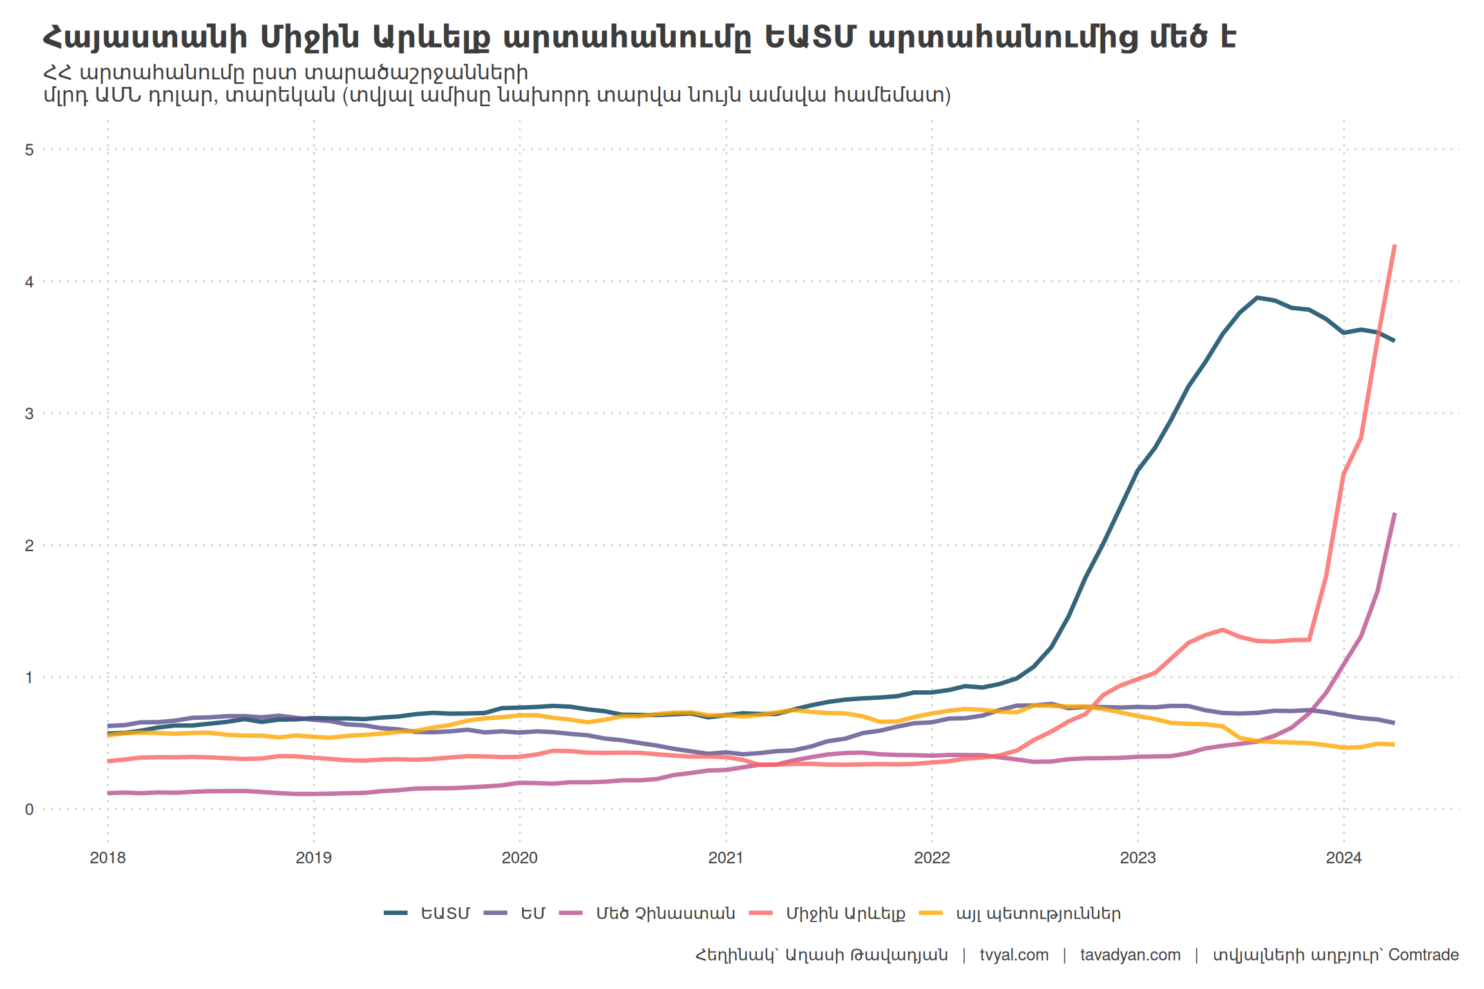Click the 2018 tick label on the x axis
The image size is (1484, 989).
point(108,858)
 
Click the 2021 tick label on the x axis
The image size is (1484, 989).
point(726,858)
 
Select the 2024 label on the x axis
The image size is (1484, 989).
point(1344,858)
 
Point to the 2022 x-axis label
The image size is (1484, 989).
point(932,858)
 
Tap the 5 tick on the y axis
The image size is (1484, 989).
point(29,150)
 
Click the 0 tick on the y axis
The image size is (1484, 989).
point(29,809)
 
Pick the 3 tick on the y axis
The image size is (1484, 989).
point(29,413)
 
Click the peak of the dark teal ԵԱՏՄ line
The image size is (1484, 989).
point(1257,297)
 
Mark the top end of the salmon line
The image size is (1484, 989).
point(1394,245)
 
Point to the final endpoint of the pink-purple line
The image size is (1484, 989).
point(1394,514)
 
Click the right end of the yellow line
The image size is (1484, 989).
point(1394,744)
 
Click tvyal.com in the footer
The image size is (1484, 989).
point(1014,955)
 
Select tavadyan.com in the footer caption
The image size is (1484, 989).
point(1130,955)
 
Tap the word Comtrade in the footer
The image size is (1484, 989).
point(1423,955)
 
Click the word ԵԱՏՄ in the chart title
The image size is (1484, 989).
point(810,37)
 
